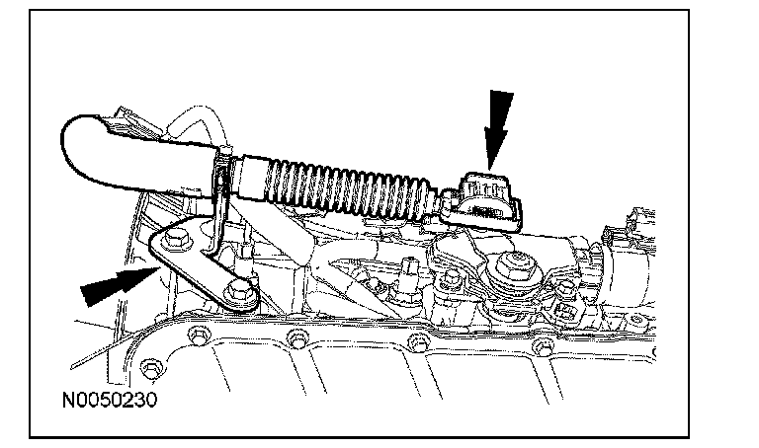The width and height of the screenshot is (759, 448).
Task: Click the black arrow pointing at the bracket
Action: [x=112, y=286]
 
